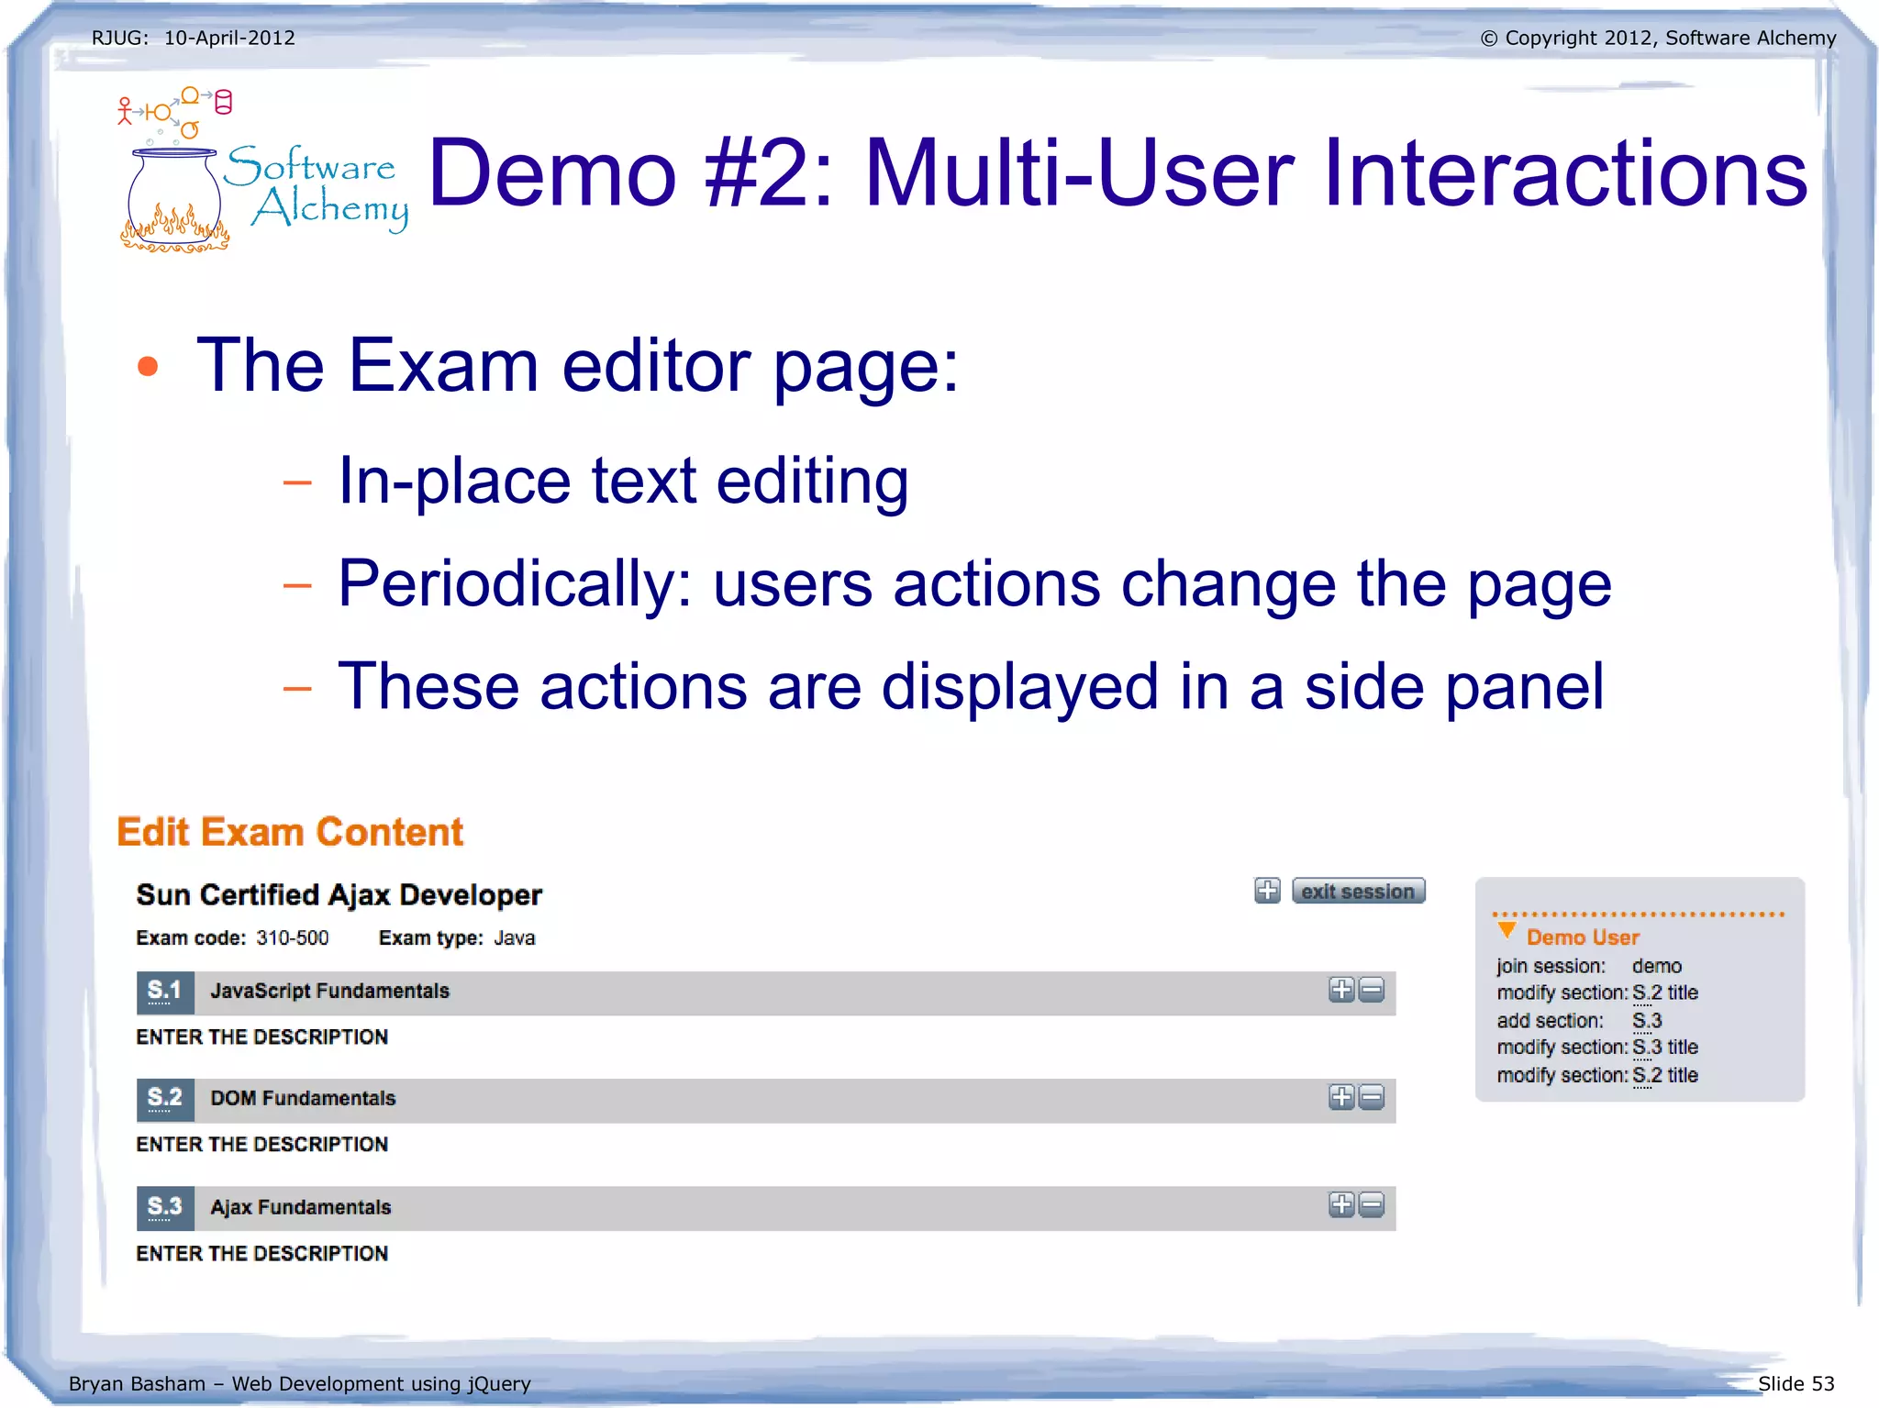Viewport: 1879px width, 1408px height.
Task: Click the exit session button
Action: coord(1358,891)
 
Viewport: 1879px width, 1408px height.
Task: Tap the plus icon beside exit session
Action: coord(1267,891)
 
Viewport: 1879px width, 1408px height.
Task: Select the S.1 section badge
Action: coord(165,992)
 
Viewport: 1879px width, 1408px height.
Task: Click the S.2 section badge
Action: coord(165,1099)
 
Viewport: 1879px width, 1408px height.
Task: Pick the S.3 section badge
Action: coord(165,1207)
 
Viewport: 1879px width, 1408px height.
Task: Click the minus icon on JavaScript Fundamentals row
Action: coord(1372,990)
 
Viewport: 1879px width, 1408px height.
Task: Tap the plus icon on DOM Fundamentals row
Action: coord(1341,1097)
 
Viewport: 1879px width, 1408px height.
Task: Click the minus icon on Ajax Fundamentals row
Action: coord(1372,1205)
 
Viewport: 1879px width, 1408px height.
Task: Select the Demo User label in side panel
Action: coord(1583,937)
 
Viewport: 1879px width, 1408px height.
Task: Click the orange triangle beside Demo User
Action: coord(1506,931)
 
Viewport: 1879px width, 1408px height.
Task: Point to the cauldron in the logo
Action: coord(174,197)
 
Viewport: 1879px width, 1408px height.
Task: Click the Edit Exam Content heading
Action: coord(290,832)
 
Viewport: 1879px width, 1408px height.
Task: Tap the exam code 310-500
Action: coord(293,938)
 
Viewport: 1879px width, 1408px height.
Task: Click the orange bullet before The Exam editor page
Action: coord(148,367)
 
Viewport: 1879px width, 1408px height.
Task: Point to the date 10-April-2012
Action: coord(229,38)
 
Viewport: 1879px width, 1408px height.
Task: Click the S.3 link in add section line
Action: coord(1647,1021)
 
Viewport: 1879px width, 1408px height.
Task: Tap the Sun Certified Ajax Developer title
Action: coord(339,894)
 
